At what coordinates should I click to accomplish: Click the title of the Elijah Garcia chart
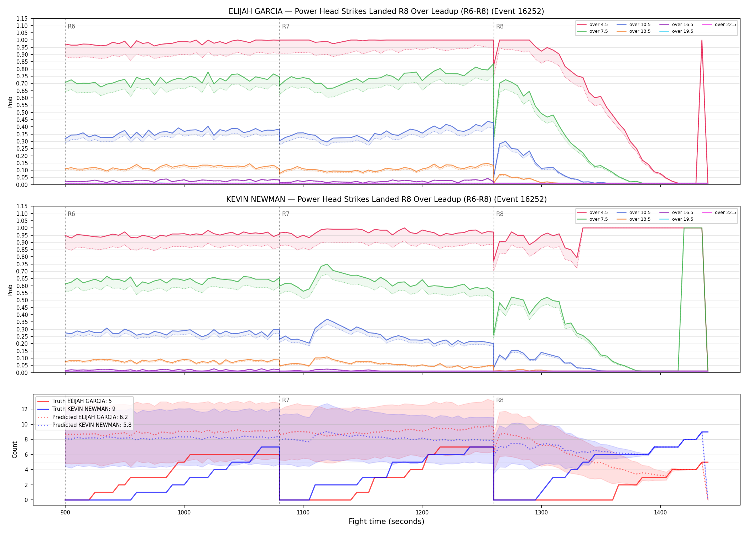[386, 11]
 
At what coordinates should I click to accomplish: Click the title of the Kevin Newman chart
[386, 199]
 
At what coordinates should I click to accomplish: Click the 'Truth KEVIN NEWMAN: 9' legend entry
[84, 409]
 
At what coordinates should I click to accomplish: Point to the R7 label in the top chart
[286, 26]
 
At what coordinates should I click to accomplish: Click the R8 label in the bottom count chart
[500, 400]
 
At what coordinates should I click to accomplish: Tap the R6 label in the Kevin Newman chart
[71, 214]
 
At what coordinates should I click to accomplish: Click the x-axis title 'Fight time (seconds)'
[386, 522]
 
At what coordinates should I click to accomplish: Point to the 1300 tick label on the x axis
[541, 512]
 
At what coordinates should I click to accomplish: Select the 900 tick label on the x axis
[65, 512]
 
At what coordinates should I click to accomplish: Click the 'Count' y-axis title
[15, 450]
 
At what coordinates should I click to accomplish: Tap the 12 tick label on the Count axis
[25, 409]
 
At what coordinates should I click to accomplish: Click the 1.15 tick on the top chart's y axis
[22, 19]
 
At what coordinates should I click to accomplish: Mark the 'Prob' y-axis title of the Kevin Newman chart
[10, 290]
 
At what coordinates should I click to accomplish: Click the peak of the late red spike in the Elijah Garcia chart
[702, 40]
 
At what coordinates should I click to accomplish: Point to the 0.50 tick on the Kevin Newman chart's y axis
[22, 300]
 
